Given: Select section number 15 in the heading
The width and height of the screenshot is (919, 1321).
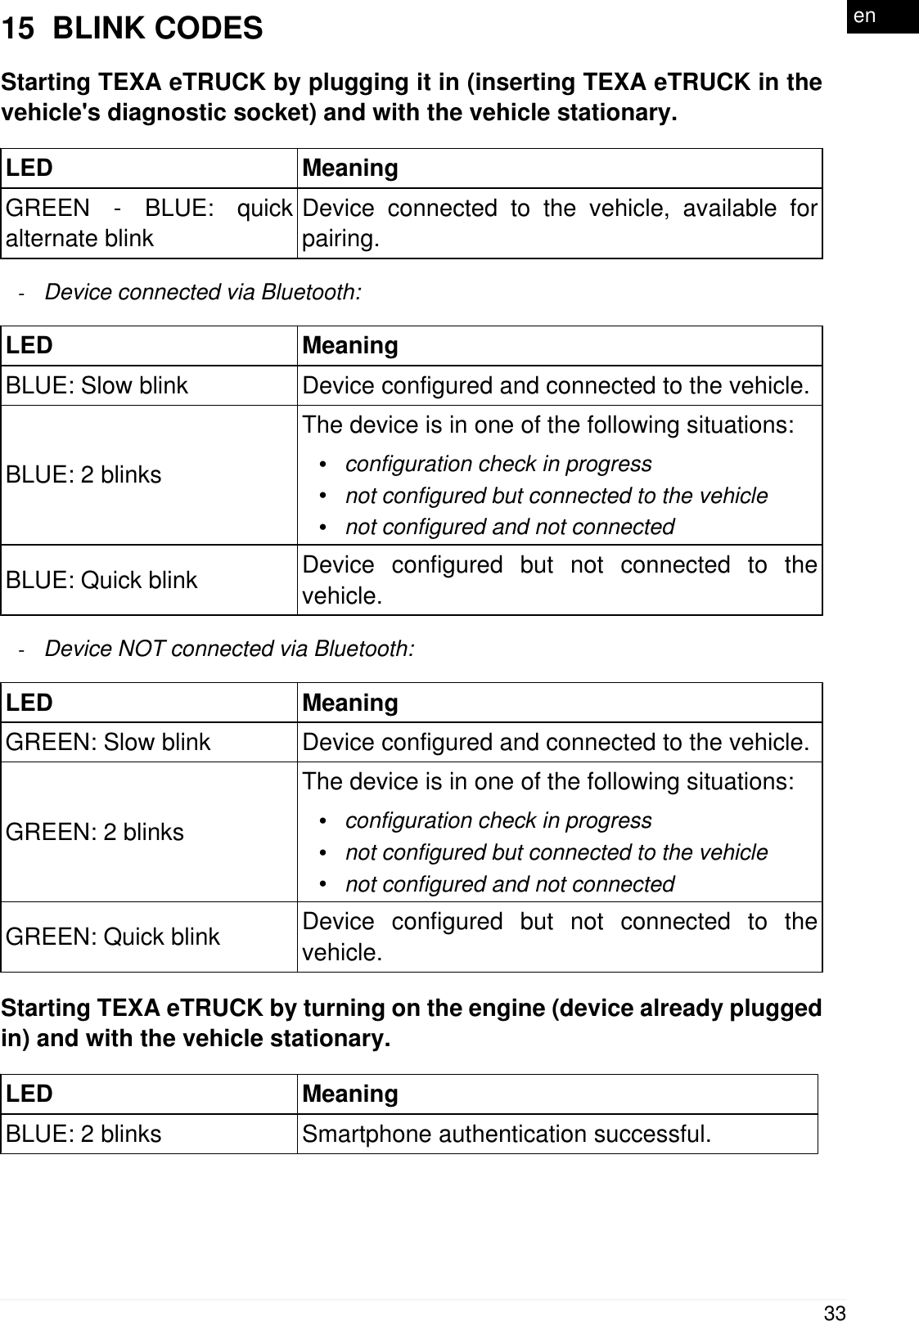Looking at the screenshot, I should [18, 29].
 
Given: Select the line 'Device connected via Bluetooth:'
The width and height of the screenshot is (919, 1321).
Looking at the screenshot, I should [202, 292].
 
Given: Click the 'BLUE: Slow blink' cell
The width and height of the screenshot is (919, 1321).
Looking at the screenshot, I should [97, 385].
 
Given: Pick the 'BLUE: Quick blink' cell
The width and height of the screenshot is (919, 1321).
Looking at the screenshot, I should [102, 580].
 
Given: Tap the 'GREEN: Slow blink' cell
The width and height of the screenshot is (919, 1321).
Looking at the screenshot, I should [109, 742].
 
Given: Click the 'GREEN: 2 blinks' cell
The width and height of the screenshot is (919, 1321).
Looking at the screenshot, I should [95, 832].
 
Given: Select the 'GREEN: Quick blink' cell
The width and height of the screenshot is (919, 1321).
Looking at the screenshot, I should [113, 937].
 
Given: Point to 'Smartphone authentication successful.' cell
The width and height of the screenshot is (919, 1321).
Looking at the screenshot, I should [507, 1135].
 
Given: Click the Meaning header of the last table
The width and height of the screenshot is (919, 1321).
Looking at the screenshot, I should [350, 1094].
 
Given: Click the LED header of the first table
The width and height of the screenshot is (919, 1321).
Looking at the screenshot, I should [29, 168].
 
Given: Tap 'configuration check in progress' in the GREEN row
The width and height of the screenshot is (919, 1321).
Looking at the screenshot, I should [498, 820].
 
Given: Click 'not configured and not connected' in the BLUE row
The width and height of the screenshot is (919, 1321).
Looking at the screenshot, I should [510, 527].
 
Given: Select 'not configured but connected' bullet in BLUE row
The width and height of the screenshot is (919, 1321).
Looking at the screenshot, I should [556, 496].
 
